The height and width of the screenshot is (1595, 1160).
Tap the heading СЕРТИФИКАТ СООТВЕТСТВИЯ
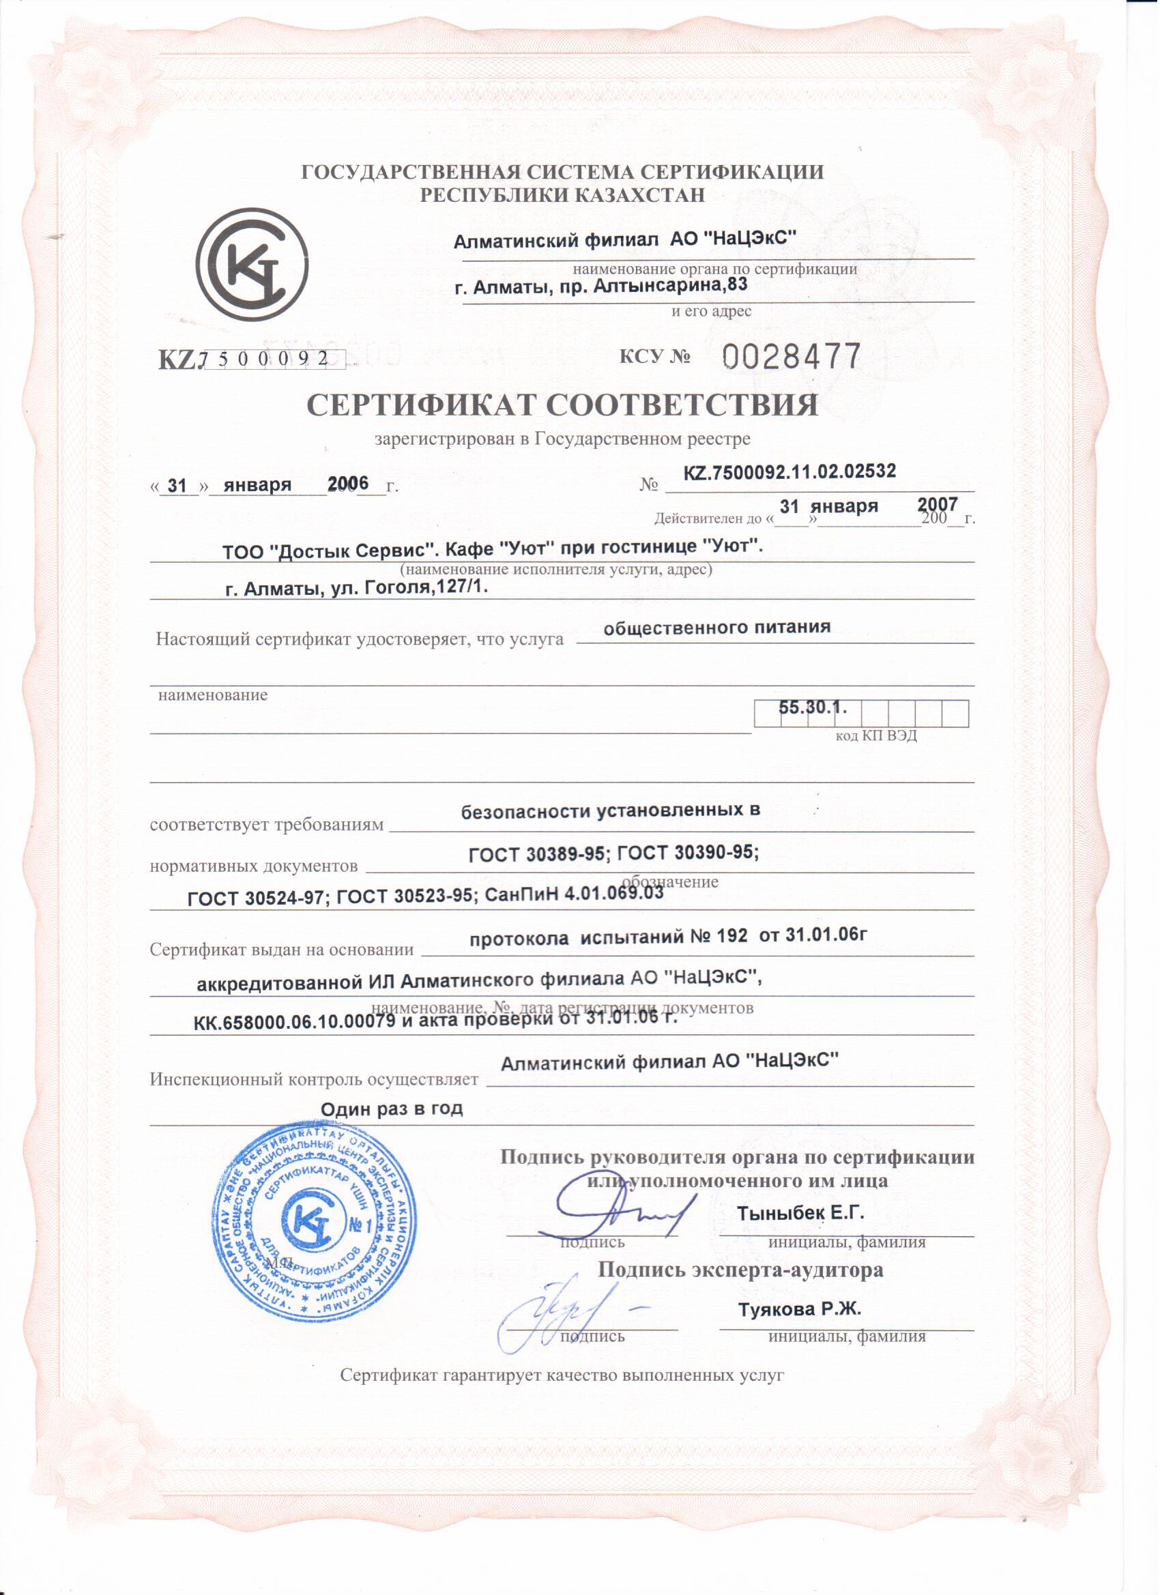click(563, 407)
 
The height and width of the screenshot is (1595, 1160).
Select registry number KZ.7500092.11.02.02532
click(790, 472)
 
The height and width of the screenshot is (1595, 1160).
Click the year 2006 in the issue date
click(348, 484)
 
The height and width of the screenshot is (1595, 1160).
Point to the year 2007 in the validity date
click(937, 504)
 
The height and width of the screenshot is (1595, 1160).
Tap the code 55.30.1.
click(813, 707)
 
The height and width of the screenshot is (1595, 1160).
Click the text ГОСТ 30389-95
click(537, 854)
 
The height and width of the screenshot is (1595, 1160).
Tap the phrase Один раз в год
click(392, 1109)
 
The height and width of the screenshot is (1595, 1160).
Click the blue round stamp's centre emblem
click(312, 1223)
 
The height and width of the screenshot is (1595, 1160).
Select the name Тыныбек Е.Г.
click(800, 1213)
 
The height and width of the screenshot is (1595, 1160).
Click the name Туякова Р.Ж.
click(800, 1309)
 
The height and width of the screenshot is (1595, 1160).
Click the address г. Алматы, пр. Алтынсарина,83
click(601, 287)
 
